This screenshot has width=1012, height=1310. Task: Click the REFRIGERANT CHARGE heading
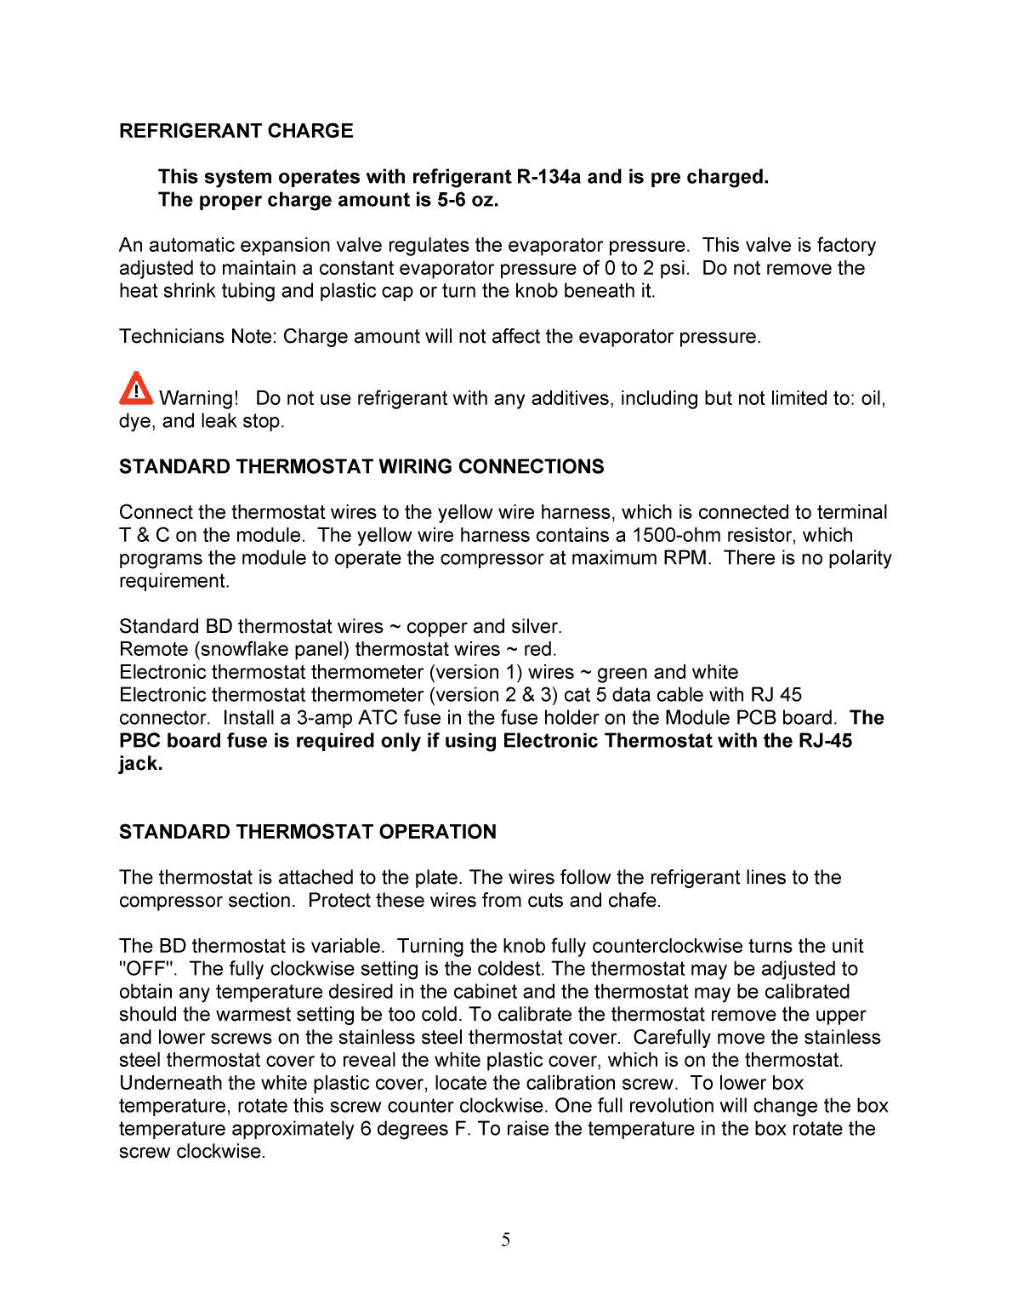(236, 131)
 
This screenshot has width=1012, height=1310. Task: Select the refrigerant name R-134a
(549, 177)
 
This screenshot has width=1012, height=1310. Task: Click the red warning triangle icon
(135, 389)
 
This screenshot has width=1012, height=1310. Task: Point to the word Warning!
(199, 398)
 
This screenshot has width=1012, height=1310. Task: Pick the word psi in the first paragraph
(674, 268)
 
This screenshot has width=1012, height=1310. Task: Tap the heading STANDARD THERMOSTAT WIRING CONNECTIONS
(361, 467)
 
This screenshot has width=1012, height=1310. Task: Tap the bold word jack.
(140, 764)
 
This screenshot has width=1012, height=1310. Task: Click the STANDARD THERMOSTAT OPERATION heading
(307, 832)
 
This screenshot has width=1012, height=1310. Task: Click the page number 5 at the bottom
(506, 1240)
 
